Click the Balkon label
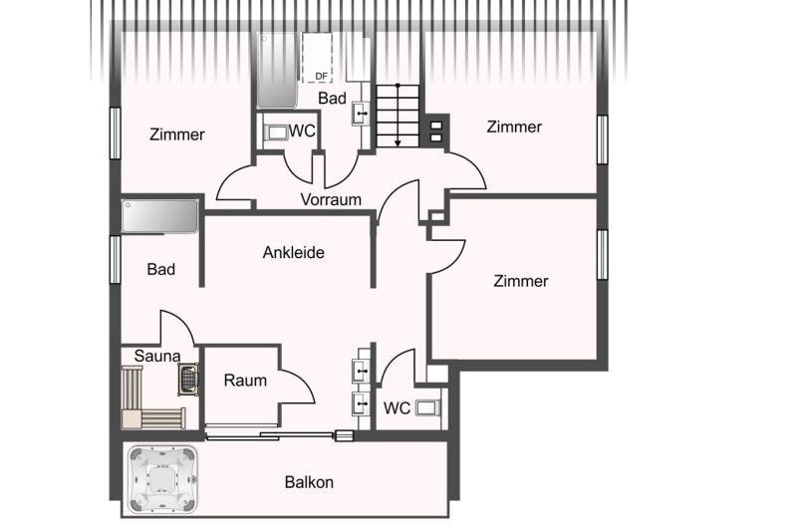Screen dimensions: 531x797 [309, 482]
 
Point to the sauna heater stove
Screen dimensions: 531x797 [188, 379]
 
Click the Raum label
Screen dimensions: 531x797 [245, 380]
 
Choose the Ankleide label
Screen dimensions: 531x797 [294, 252]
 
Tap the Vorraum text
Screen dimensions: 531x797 [331, 199]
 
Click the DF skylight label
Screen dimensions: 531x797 [321, 75]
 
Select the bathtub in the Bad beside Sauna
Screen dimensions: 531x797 [159, 216]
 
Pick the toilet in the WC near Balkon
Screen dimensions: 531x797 [426, 407]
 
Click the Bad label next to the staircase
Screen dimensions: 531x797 [332, 98]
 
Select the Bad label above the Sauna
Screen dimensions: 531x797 [161, 269]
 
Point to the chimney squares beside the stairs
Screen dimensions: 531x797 [436, 128]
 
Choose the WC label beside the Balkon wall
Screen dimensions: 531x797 [397, 407]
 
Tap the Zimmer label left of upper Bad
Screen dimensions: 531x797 [177, 134]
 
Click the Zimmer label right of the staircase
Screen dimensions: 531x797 [514, 127]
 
